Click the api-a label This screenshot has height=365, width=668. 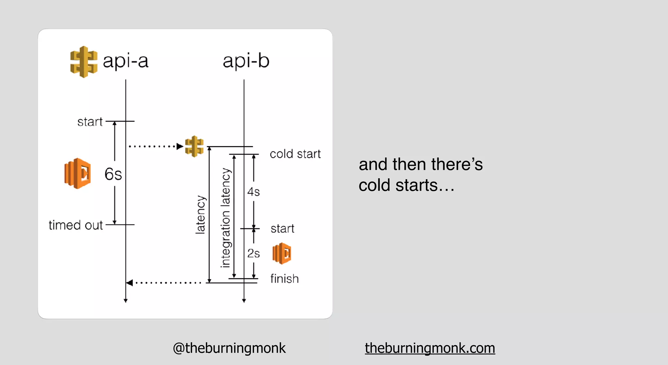tap(126, 61)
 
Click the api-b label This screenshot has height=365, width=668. tap(246, 61)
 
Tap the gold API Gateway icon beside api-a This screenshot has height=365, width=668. tap(83, 62)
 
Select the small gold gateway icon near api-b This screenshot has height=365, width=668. tap(194, 146)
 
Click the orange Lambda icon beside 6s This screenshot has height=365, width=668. tap(78, 173)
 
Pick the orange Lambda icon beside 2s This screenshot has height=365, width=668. tap(282, 253)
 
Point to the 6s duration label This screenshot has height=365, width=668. tap(113, 174)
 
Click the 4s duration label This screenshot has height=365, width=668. tap(253, 192)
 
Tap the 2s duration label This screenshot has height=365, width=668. tap(253, 253)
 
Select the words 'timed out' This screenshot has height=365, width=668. tap(76, 225)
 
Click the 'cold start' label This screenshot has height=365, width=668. tap(295, 154)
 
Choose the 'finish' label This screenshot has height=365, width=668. tap(284, 279)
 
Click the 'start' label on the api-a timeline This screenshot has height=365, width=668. tap(90, 122)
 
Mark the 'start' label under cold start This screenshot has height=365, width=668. tap(282, 228)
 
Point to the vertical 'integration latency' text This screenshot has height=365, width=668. tap(225, 218)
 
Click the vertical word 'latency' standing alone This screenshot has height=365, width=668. tap(201, 215)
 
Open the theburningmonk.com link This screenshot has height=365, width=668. tap(430, 348)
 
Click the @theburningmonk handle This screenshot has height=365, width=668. tap(229, 348)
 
